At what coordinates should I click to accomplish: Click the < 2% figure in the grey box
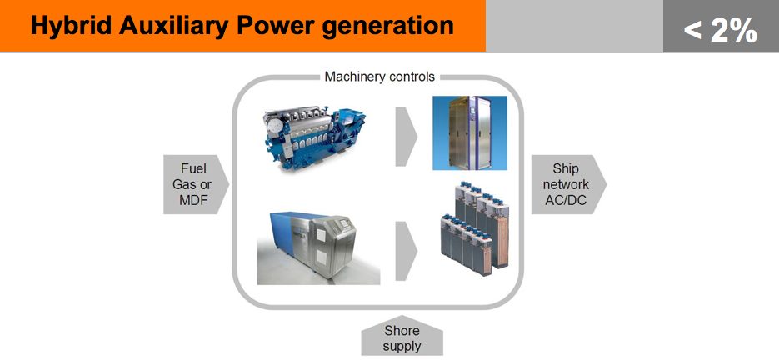721,30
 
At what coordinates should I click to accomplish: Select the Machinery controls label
380,77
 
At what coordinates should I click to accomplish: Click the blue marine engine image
313,137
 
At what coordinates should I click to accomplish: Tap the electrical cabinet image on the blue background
470,132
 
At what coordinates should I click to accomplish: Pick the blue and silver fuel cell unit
318,248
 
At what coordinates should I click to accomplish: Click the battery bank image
474,227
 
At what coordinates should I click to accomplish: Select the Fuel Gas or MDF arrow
196,184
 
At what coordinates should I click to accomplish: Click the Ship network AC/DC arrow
568,184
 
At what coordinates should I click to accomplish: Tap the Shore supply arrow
402,337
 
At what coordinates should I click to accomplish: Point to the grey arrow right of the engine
406,136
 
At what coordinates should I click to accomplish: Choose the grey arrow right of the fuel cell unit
406,251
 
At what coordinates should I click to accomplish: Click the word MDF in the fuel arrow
192,200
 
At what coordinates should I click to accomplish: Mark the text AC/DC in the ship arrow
566,200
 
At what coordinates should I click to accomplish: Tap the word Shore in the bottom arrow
402,331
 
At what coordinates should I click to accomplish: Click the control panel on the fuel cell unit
342,224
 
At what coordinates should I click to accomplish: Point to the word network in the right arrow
566,184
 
